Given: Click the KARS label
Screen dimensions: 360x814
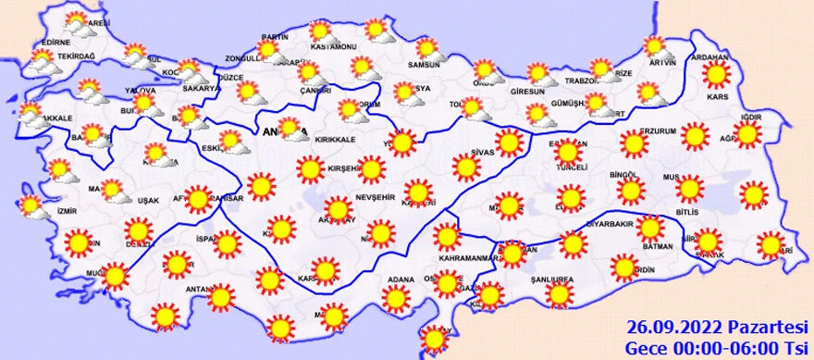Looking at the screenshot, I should pyautogui.click(x=716, y=94).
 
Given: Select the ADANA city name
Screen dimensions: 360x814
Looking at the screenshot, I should pyautogui.click(x=400, y=279).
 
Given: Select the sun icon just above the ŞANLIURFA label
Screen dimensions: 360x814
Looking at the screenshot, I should pyautogui.click(x=558, y=294).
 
